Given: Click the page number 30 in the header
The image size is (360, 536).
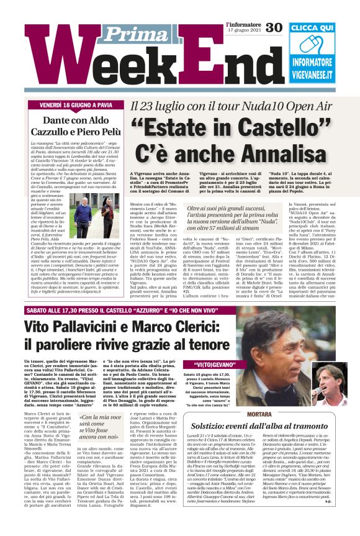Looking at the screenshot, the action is coord(274,28).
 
